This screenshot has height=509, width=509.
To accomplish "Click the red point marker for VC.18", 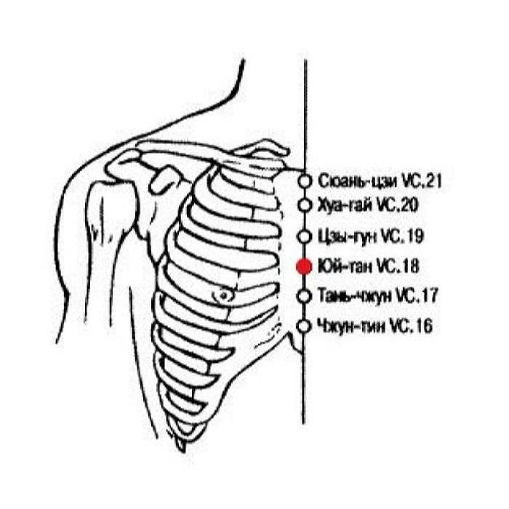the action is coord(304,266).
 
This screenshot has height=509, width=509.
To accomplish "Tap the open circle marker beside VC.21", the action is coord(305,181).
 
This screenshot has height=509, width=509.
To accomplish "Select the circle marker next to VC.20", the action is coord(305,205).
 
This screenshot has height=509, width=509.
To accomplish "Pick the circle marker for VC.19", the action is coord(305,236).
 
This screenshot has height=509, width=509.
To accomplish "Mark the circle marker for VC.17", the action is coord(305,295).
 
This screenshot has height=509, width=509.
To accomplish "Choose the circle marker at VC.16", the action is coord(305,326).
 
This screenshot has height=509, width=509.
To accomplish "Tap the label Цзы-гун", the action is coord(347,236).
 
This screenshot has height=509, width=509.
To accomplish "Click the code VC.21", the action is coord(422,181).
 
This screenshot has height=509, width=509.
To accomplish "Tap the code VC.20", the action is coord(397,205).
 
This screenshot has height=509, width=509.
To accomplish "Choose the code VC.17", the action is coord(417,296).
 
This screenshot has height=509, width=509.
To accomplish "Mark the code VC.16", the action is coord(411,326).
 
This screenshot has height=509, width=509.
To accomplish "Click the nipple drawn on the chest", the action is coord(223,295).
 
